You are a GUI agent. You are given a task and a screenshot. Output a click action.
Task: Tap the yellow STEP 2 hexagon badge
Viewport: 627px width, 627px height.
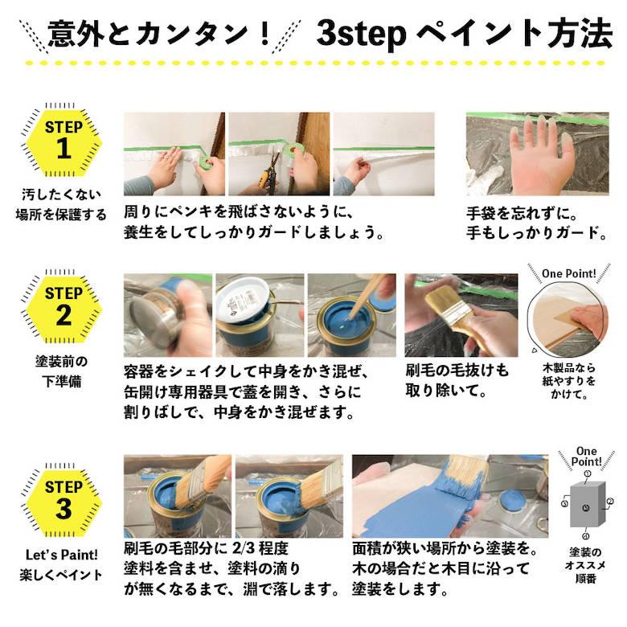[64, 305]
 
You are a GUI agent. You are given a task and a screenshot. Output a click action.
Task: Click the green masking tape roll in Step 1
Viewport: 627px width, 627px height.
[206, 164]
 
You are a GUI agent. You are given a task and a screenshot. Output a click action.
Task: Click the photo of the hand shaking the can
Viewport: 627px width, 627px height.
[168, 315]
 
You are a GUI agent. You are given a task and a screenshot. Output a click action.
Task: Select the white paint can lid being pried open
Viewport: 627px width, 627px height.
[245, 301]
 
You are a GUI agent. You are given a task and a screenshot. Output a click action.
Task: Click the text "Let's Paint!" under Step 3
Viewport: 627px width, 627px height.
[61, 555]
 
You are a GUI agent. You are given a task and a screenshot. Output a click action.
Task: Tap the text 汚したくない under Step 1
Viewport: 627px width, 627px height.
[61, 194]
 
